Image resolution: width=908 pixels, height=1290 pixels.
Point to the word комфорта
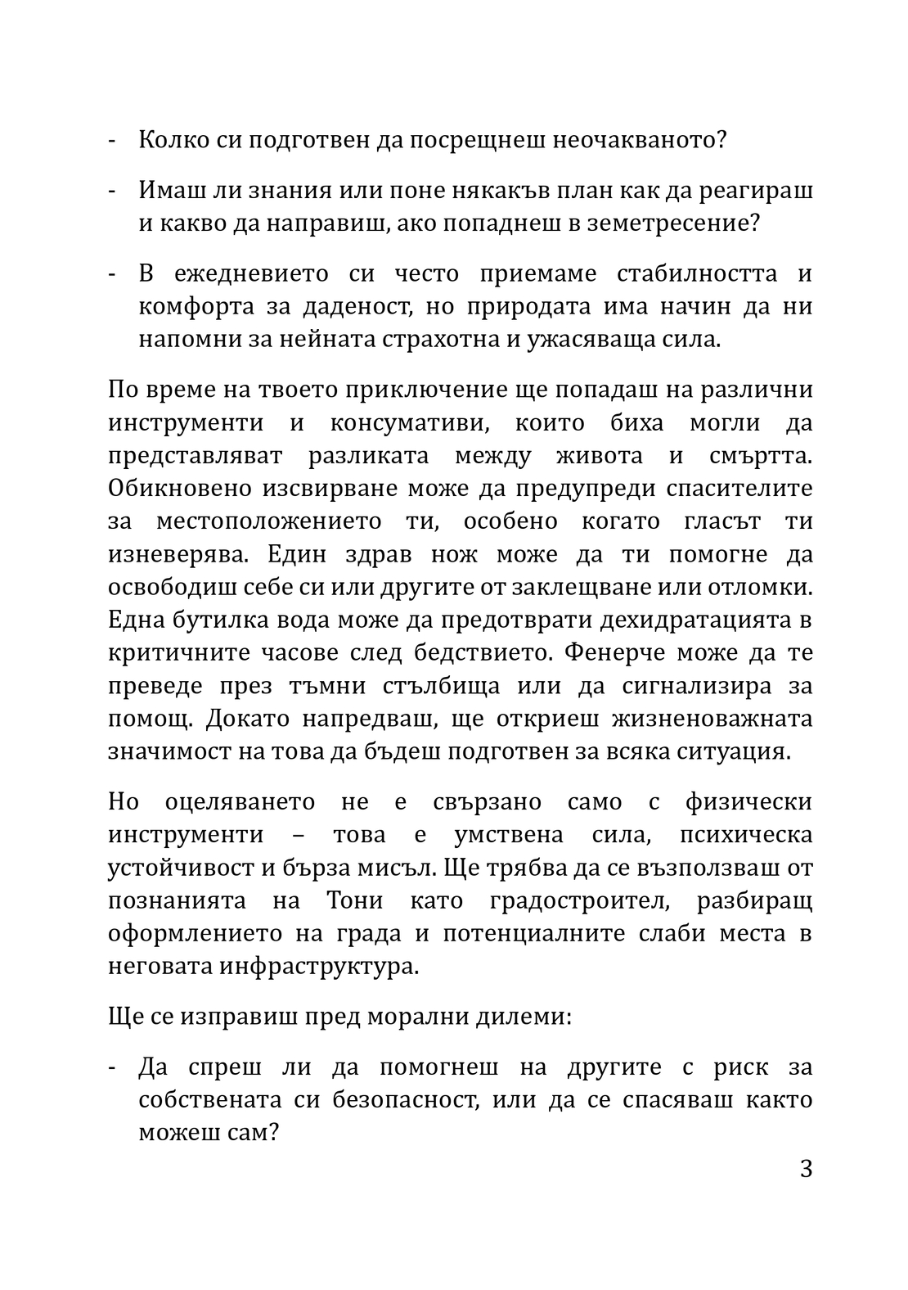(x=191, y=307)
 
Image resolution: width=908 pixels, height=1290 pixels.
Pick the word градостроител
(x=582, y=901)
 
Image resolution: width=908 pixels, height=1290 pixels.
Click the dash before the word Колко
(x=112, y=140)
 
